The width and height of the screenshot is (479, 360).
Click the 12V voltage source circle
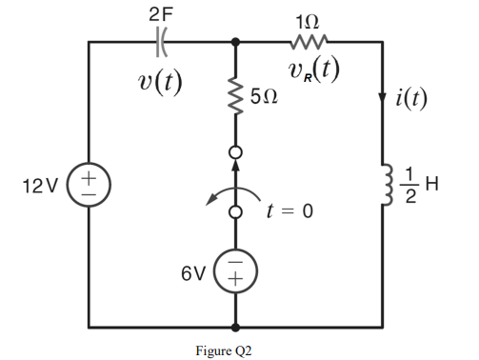coord(89,182)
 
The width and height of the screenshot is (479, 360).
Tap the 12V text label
coord(43,182)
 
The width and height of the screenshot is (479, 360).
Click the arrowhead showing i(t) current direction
coord(384,95)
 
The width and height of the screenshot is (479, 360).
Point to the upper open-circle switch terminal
coord(235,152)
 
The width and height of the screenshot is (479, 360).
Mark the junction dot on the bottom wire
coord(235,324)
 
